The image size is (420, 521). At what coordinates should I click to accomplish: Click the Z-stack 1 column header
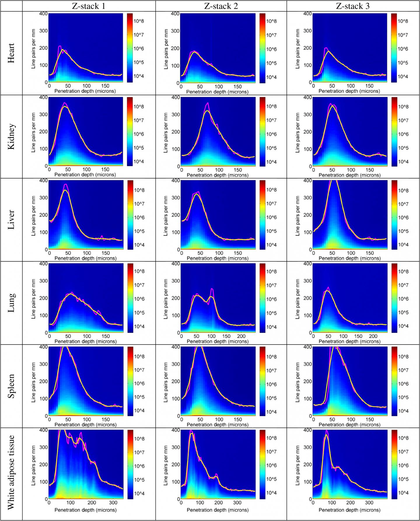click(89, 6)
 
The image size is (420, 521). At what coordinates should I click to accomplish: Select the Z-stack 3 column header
click(353, 6)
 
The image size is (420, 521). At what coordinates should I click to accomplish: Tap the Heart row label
click(11, 53)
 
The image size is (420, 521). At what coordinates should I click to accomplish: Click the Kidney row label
click(11, 137)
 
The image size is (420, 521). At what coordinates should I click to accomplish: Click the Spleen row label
click(11, 387)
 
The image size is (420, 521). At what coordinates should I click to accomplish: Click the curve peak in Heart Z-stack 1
click(60, 46)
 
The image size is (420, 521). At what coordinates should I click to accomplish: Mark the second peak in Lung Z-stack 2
click(212, 289)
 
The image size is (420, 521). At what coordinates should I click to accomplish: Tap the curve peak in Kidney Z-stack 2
click(208, 103)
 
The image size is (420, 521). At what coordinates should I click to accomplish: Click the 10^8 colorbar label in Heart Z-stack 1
click(139, 21)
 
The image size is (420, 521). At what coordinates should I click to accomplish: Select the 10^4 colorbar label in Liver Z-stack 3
click(403, 245)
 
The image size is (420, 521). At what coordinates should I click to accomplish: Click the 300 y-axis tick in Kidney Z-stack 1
click(44, 114)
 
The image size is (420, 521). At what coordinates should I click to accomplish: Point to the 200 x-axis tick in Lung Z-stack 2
click(241, 336)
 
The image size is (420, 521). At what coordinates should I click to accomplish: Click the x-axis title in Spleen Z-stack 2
click(217, 425)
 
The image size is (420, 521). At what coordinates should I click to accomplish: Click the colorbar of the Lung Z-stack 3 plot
click(394, 298)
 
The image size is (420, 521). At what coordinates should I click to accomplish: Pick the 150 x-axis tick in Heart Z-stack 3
click(369, 86)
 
